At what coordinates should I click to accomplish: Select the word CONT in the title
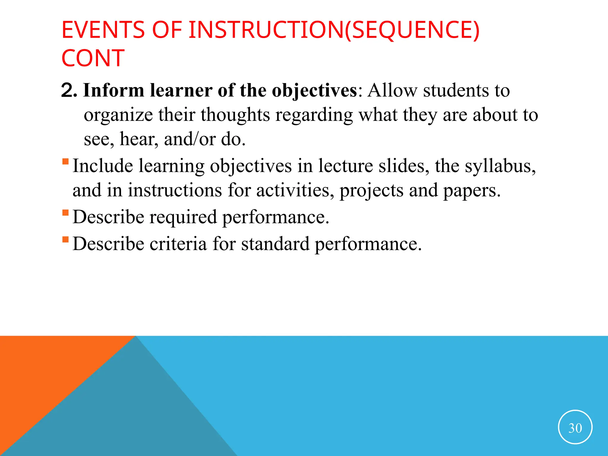click(x=93, y=58)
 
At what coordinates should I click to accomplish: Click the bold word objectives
click(x=314, y=91)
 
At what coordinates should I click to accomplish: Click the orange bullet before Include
click(x=66, y=162)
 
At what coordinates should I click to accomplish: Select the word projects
click(x=371, y=191)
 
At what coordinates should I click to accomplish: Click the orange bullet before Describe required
click(x=66, y=213)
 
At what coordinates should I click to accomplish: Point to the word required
click(x=183, y=217)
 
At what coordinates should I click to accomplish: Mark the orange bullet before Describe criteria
click(x=66, y=239)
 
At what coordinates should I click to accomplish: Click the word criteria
click(x=178, y=244)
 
